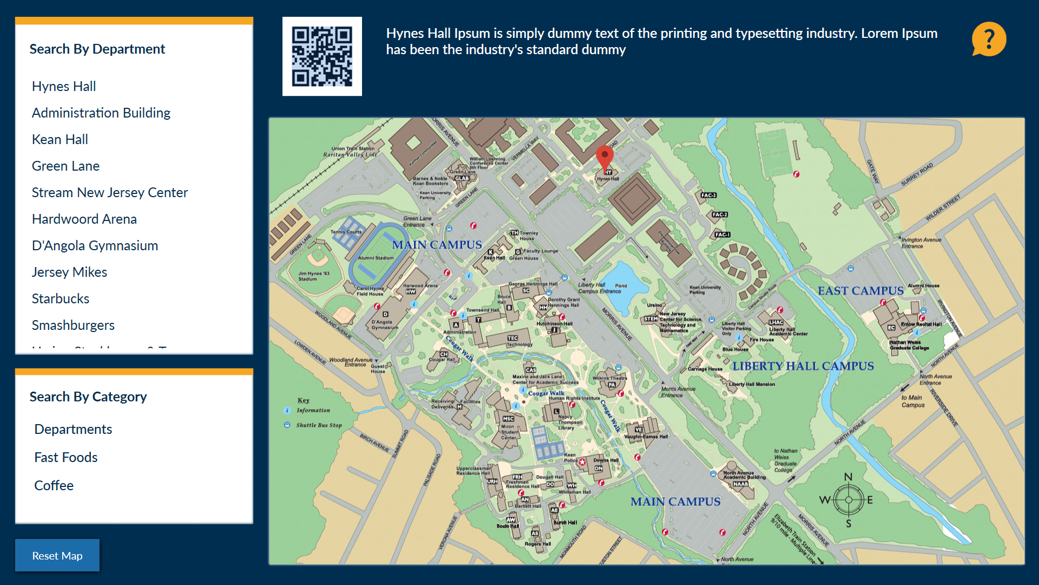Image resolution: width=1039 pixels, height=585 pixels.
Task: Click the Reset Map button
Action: [x=57, y=555]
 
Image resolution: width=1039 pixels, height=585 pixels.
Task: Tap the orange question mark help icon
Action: [x=989, y=39]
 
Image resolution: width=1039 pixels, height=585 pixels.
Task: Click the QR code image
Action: [x=322, y=56]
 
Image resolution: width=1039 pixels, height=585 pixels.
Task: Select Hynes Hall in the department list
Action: [x=64, y=86]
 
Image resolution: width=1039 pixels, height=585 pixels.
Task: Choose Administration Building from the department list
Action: [x=101, y=113]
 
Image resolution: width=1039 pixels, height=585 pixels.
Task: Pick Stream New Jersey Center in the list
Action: [x=110, y=192]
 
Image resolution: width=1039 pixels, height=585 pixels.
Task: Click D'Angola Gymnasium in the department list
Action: [x=95, y=245]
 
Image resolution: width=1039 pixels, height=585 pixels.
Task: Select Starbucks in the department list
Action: [x=61, y=298]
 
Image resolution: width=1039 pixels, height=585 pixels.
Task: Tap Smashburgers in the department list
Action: [x=73, y=325]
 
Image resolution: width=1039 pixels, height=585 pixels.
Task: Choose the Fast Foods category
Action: [x=66, y=457]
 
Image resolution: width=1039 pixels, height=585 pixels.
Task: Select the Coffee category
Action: [x=54, y=485]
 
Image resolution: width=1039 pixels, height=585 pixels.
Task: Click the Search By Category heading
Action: [x=88, y=396]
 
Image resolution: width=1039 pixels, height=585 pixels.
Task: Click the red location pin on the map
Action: [x=604, y=157]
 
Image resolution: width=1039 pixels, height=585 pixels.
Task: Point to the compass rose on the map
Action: [x=848, y=500]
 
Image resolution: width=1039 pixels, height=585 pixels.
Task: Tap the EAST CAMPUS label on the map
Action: [x=860, y=291]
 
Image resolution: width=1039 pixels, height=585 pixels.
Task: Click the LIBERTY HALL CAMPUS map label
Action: [x=803, y=366]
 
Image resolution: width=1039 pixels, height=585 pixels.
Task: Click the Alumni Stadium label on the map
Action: [x=376, y=258]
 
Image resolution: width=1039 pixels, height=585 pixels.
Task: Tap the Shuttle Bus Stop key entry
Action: [x=319, y=425]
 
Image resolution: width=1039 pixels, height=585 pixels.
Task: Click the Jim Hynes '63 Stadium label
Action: [x=313, y=276]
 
